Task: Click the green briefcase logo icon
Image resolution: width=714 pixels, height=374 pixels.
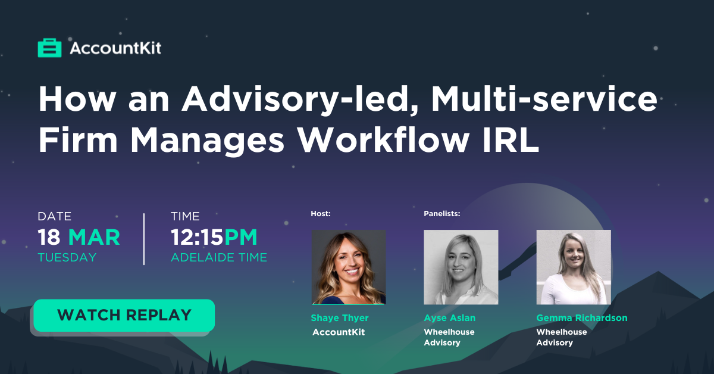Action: pyautogui.click(x=49, y=48)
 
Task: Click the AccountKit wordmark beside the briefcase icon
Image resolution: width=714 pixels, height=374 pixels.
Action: pyautogui.click(x=115, y=48)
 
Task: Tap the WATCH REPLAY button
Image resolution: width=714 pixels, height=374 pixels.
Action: pyautogui.click(x=124, y=315)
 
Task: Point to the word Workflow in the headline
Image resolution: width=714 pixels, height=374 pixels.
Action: pyautogui.click(x=383, y=140)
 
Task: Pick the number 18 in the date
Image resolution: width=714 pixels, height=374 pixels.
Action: pyautogui.click(x=49, y=238)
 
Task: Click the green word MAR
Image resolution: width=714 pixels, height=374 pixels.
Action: pyautogui.click(x=95, y=238)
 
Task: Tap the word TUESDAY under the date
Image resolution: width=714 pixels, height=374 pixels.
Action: pyautogui.click(x=67, y=257)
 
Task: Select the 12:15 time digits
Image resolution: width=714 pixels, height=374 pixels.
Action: pyautogui.click(x=197, y=238)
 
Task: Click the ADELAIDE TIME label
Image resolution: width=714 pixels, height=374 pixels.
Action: pyautogui.click(x=219, y=257)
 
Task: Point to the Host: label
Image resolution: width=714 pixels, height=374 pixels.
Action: pyautogui.click(x=321, y=213)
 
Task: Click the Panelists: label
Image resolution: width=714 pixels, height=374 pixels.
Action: pyautogui.click(x=441, y=213)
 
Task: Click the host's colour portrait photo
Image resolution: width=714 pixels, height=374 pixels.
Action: pyautogui.click(x=349, y=267)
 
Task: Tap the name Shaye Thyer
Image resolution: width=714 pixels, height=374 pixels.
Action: pyautogui.click(x=340, y=318)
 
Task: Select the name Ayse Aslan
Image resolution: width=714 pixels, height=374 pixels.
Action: pyautogui.click(x=449, y=318)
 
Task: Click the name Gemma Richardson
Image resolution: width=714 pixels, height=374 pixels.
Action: pyautogui.click(x=582, y=318)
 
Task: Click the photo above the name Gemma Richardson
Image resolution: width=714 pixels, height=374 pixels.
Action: pyautogui.click(x=574, y=267)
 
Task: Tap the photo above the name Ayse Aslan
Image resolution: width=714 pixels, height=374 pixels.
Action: pyautogui.click(x=461, y=267)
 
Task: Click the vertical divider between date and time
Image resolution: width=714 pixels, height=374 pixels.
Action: pyautogui.click(x=144, y=239)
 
